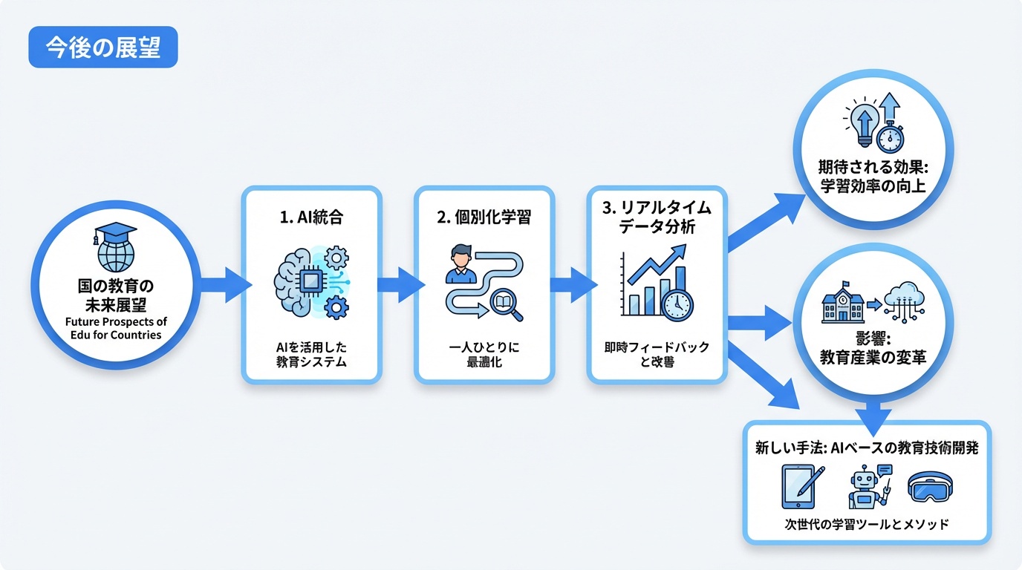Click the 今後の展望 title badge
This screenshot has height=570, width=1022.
(x=103, y=48)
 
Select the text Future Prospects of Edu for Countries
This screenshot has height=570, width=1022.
(x=114, y=328)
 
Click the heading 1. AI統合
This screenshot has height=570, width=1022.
(x=312, y=218)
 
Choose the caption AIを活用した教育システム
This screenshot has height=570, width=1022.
(x=312, y=354)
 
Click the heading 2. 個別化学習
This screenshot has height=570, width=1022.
(x=484, y=218)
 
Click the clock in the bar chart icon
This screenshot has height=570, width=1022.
(x=676, y=304)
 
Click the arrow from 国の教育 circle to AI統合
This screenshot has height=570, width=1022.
(x=227, y=285)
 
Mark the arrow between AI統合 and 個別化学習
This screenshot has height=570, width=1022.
(x=399, y=285)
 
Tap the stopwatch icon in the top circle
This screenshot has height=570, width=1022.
(x=889, y=138)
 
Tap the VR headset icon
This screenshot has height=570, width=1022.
(x=930, y=488)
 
